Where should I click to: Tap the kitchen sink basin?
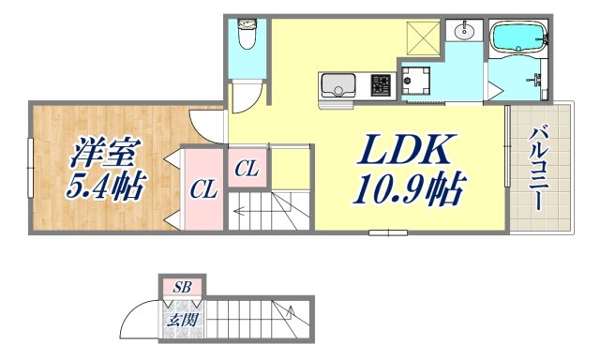337,86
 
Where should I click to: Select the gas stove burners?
381,85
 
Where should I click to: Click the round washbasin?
463,32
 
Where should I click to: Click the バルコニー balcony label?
539,168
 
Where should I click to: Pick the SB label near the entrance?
182,288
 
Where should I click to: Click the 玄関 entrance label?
182,320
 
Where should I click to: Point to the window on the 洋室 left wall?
29,168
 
